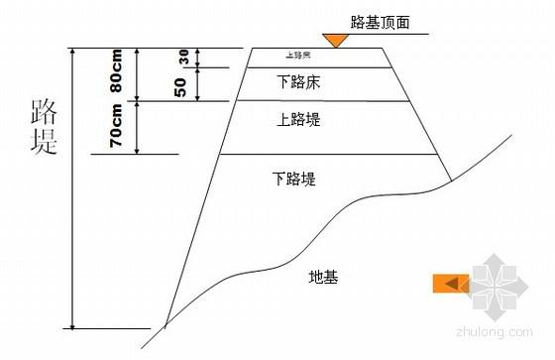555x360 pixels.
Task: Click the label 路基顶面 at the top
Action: coord(380,21)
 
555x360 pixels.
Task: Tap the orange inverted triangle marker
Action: coord(336,41)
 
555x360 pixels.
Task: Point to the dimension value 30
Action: coord(182,57)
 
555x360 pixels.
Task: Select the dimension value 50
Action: coord(180,86)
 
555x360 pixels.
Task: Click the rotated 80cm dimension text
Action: coord(117,72)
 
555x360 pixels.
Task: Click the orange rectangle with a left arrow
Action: coord(449,284)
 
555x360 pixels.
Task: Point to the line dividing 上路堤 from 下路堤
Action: coord(328,154)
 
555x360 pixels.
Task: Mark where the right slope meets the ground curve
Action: coord(450,180)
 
